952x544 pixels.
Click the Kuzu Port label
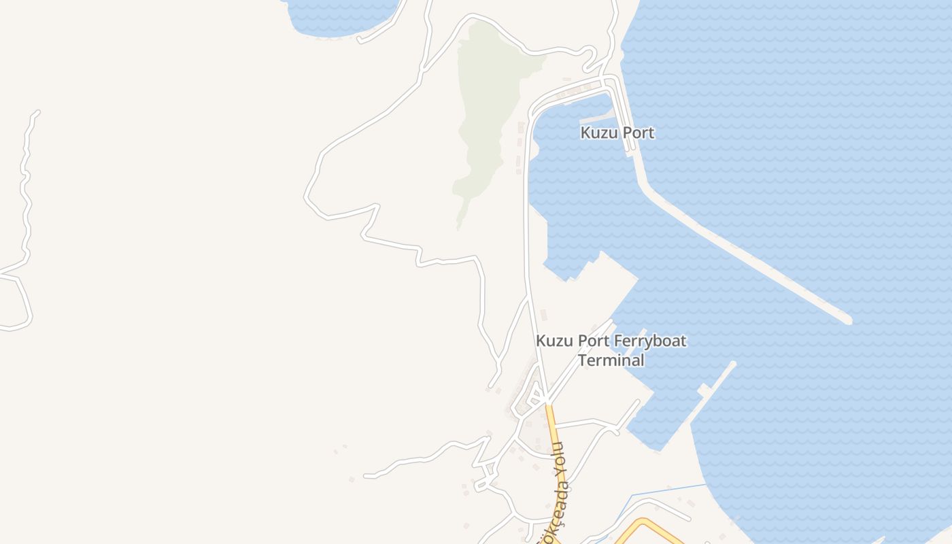click(617, 133)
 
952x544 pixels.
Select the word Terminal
click(611, 360)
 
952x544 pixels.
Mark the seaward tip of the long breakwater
click(847, 319)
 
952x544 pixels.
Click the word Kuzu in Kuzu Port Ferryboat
click(553, 341)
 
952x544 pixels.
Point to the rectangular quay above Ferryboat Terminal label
click(598, 286)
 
